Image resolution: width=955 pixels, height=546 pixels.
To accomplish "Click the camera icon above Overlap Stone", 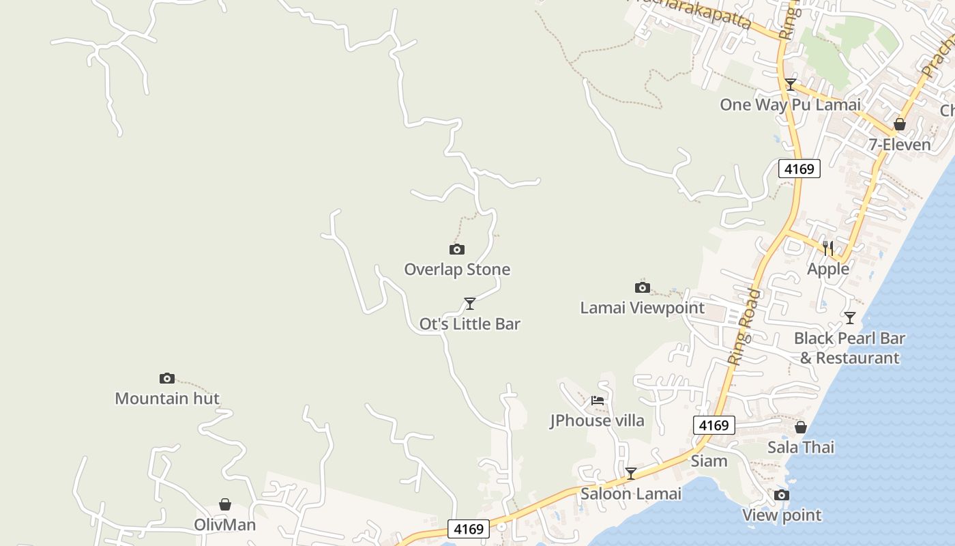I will click(457, 250).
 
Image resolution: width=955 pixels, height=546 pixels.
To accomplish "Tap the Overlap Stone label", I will click(457, 270).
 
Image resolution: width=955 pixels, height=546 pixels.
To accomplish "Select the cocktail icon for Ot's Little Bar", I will click(470, 304).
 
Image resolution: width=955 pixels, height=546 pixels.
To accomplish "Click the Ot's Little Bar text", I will click(470, 324).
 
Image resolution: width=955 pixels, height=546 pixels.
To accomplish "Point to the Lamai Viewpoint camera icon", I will click(643, 287).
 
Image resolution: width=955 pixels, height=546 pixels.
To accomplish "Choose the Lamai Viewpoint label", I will click(643, 308).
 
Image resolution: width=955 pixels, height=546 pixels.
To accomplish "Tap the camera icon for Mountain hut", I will click(167, 378).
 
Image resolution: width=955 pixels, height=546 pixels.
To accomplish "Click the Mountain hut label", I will click(167, 399).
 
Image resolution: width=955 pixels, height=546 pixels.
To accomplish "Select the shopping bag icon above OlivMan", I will click(225, 504).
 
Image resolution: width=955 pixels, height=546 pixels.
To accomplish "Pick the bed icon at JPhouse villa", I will click(598, 401).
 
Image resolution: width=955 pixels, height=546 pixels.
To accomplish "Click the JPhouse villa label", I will click(598, 420).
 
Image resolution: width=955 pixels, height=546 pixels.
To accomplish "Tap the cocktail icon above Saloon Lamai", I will click(631, 473).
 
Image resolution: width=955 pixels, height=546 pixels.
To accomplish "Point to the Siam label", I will click(709, 461).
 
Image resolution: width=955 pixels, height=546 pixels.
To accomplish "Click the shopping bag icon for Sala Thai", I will click(801, 427).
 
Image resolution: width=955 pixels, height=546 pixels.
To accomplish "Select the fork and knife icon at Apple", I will click(828, 248).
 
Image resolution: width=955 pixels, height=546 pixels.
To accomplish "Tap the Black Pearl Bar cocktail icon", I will click(850, 318).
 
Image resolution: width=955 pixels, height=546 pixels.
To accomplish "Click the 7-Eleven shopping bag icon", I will click(900, 124).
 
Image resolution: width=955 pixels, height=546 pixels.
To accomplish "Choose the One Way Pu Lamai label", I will click(791, 104).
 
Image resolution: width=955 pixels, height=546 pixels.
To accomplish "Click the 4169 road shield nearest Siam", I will click(714, 425).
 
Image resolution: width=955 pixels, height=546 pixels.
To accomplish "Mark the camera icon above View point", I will click(782, 495).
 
